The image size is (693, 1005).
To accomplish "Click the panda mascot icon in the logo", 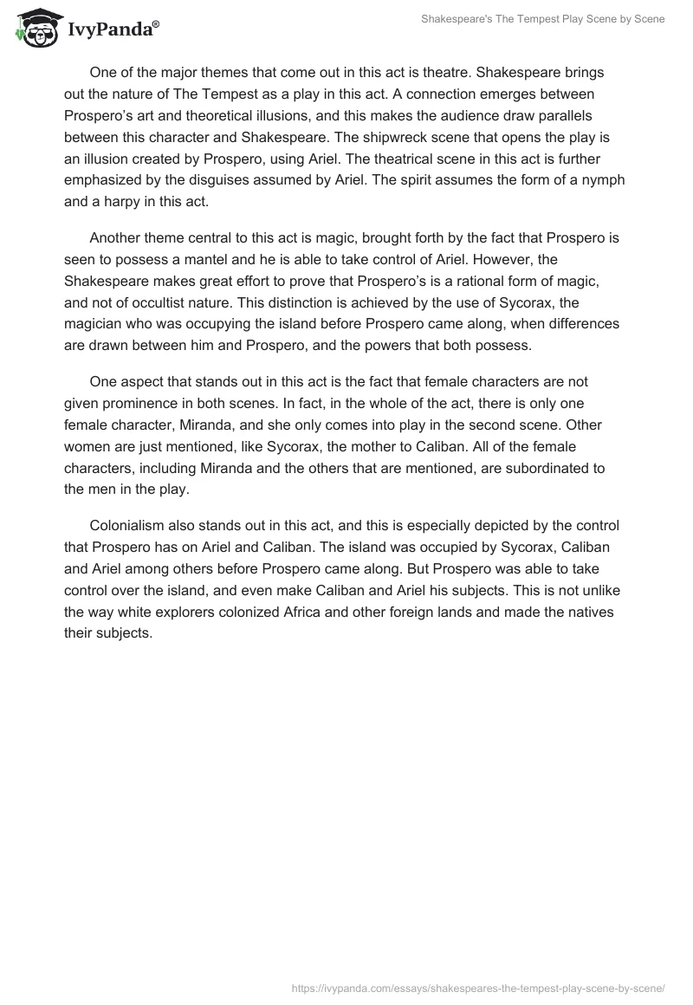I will (x=36, y=29).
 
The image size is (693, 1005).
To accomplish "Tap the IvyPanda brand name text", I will (x=112, y=31).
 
